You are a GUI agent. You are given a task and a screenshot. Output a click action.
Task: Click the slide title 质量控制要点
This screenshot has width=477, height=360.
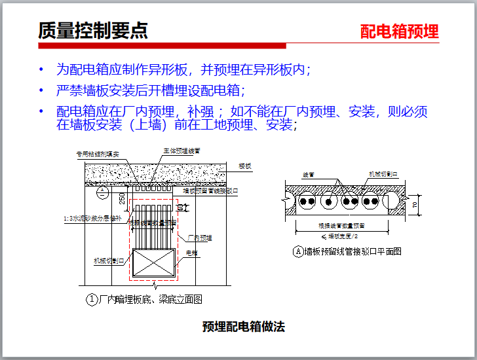tap(92, 31)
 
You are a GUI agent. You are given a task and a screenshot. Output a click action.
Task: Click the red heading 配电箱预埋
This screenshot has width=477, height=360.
tap(400, 31)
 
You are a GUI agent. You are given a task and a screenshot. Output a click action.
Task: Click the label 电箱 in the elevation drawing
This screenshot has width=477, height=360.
tap(193, 252)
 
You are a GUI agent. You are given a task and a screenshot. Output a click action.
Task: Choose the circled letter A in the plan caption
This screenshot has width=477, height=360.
tap(297, 251)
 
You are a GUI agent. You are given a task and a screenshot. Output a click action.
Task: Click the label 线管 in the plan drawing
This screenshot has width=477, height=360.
tap(308, 175)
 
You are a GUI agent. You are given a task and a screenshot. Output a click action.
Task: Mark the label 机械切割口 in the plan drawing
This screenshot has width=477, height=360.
tap(383, 175)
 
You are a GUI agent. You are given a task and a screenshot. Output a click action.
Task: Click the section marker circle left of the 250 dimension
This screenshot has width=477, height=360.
tap(102, 193)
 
